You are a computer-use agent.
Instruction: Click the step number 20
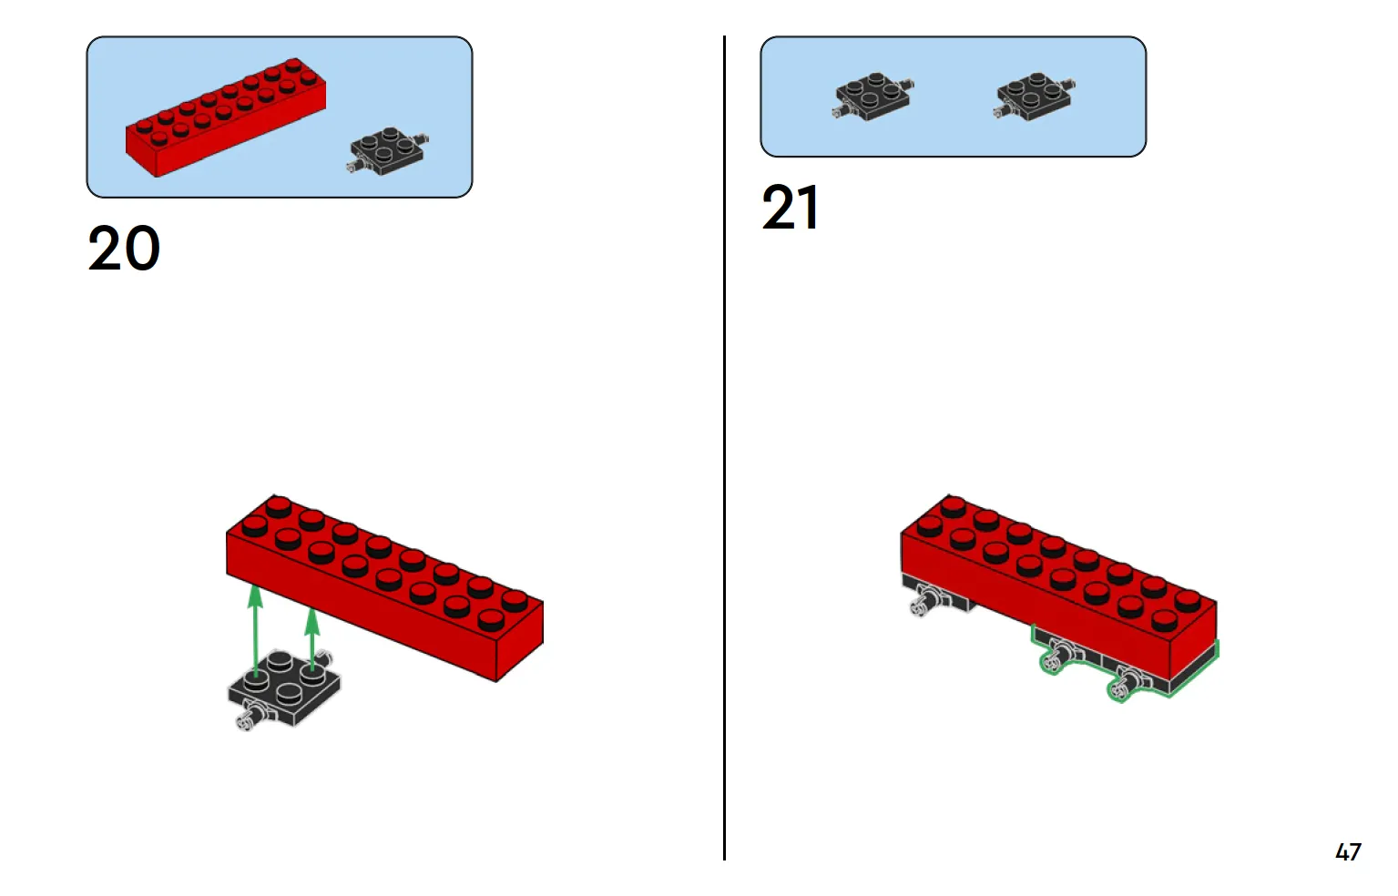pos(124,249)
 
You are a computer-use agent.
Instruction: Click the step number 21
pos(790,209)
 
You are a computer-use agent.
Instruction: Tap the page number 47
pos(1347,852)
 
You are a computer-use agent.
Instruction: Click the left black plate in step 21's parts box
pos(872,97)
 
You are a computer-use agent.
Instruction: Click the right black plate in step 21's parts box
pos(1035,97)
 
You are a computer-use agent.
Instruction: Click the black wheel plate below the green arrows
pos(284,688)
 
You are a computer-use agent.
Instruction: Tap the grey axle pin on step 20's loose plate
pos(246,721)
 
